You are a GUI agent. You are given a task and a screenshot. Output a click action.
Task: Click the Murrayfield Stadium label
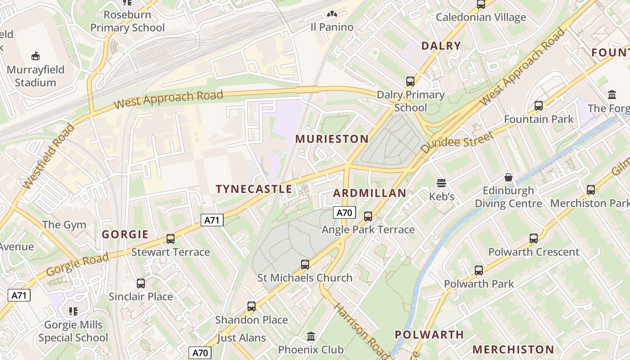pyautogui.click(x=36, y=76)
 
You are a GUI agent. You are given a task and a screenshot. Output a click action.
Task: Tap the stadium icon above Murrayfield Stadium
pyautogui.click(x=36, y=56)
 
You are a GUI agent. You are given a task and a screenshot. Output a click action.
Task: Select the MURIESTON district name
pyautogui.click(x=332, y=139)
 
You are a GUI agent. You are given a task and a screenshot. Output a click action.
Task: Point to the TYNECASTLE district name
pyautogui.click(x=254, y=189)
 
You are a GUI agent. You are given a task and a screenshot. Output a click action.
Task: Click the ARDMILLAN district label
pyautogui.click(x=369, y=193)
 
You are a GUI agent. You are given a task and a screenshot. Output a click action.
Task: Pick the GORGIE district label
pyautogui.click(x=125, y=234)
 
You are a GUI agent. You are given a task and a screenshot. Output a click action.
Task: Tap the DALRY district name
pyautogui.click(x=441, y=45)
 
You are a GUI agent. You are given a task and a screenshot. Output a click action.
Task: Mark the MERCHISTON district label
pyautogui.click(x=513, y=349)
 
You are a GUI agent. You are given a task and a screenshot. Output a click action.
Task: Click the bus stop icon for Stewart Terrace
pyautogui.click(x=171, y=239)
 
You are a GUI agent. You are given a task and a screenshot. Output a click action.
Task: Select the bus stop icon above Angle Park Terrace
pyautogui.click(x=368, y=216)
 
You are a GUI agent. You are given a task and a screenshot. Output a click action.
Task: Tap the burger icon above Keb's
pyautogui.click(x=441, y=183)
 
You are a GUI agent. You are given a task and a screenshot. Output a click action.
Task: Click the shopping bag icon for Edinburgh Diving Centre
pyautogui.click(x=508, y=177)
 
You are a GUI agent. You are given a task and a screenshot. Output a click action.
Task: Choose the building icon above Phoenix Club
pyautogui.click(x=310, y=337)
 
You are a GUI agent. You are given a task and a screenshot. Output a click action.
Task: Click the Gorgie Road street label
pyautogui.click(x=77, y=265)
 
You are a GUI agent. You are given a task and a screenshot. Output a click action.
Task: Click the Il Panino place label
pyautogui.click(x=332, y=27)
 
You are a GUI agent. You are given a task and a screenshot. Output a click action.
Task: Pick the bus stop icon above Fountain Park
pyautogui.click(x=539, y=106)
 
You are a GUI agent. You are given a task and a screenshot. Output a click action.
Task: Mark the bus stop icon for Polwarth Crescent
pyautogui.click(x=534, y=238)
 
